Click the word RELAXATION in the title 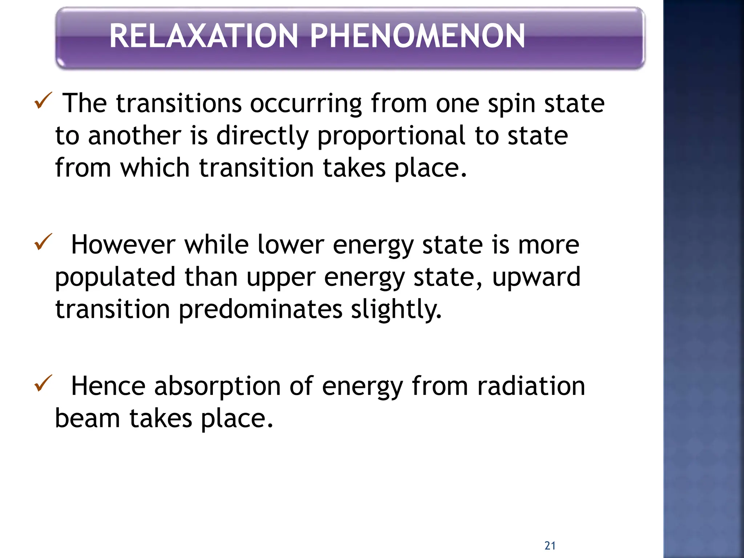(x=203, y=36)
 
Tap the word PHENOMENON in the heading (x=417, y=36)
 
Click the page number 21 (x=550, y=546)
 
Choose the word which (x=155, y=168)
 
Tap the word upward (x=536, y=277)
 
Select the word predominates (x=260, y=310)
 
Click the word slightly (x=396, y=310)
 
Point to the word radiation (x=531, y=386)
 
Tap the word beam (x=87, y=418)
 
